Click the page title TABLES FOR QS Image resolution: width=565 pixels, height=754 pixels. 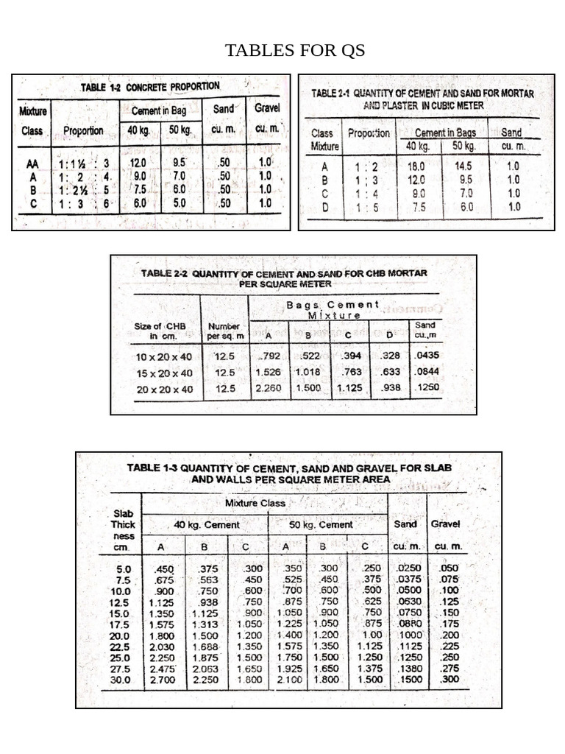click(x=294, y=51)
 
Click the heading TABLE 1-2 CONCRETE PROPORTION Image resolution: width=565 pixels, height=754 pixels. click(x=149, y=87)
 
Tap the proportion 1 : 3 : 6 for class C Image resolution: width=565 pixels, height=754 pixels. click(x=83, y=203)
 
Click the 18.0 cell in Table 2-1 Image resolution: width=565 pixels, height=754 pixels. click(x=416, y=166)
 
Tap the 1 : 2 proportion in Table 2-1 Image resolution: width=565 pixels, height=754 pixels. click(x=366, y=166)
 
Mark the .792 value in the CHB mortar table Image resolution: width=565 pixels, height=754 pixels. click(x=270, y=356)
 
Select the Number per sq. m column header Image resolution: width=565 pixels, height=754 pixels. click(x=224, y=331)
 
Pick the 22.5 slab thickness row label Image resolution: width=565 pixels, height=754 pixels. click(x=119, y=647)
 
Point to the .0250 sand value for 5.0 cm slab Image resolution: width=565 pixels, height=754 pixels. click(x=409, y=569)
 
